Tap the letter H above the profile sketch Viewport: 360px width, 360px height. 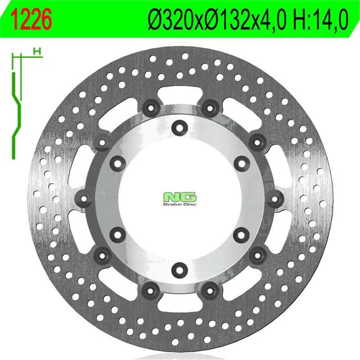click(37, 51)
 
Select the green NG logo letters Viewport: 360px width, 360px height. click(180, 197)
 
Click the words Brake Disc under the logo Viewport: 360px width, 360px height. click(180, 204)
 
